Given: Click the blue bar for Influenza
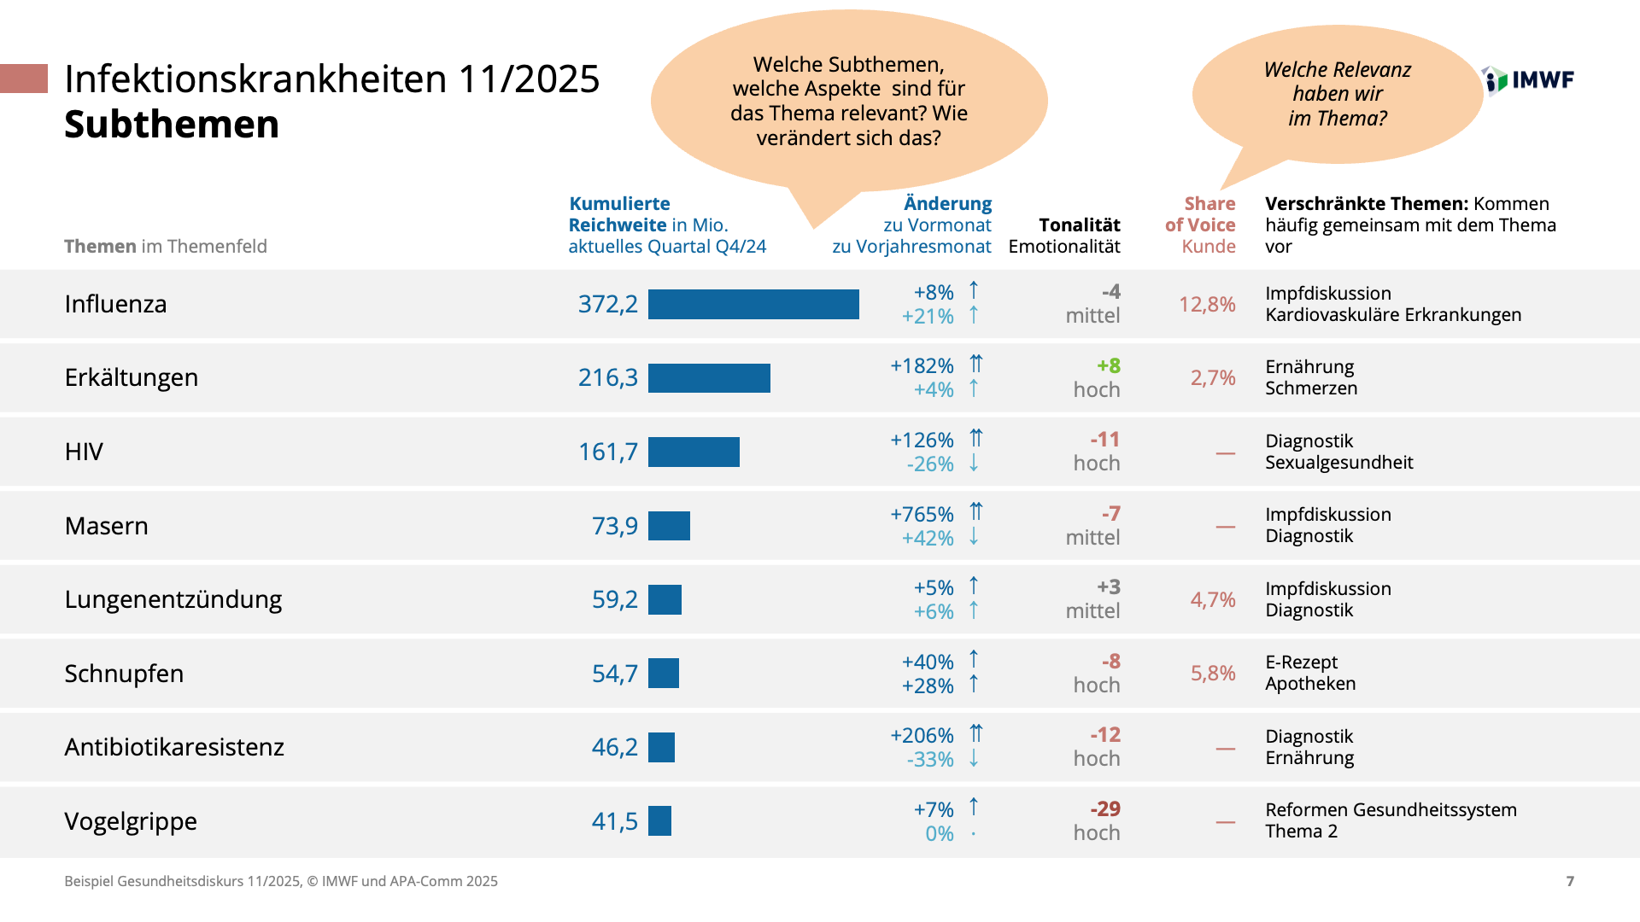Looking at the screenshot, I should [753, 305].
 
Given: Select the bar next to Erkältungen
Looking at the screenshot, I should [709, 378].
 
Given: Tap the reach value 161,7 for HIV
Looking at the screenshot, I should [607, 452].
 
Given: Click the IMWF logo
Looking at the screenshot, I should [1529, 80].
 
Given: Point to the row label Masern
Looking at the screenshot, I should [107, 526].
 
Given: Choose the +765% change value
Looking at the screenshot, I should [922, 514].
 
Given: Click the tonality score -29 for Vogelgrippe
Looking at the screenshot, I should [1104, 808].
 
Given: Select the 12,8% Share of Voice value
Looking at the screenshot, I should [1207, 305].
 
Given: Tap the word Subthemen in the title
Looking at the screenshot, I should [172, 125].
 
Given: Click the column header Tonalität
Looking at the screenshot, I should [1079, 225].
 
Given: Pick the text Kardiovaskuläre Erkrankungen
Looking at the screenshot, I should [1393, 315].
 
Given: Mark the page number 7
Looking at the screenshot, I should [1570, 881].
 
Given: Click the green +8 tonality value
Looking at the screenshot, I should [1109, 366].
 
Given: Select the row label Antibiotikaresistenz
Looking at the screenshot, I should [174, 747].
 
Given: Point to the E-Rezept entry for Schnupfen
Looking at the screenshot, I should [1301, 662].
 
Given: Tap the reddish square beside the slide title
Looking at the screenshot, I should [24, 79].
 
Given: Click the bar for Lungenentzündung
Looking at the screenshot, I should [665, 600].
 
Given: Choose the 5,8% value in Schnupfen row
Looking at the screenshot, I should [1213, 674].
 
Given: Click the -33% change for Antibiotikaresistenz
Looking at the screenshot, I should [930, 760].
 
